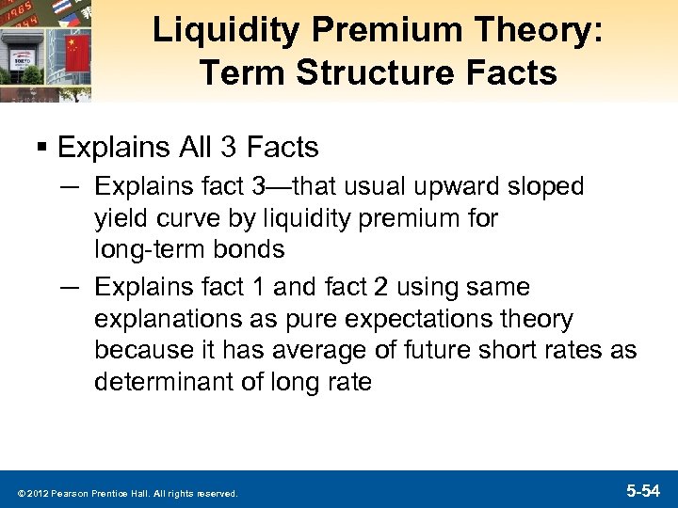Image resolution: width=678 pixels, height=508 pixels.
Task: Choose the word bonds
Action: point(251,250)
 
